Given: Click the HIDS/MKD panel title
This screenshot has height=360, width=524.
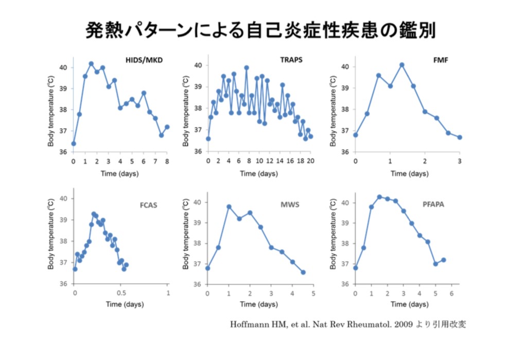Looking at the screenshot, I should [144, 60].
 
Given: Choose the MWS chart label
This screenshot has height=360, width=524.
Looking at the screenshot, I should [288, 205].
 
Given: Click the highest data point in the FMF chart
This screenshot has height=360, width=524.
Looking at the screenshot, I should [401, 65].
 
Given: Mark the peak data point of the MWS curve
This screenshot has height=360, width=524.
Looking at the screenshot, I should [229, 207].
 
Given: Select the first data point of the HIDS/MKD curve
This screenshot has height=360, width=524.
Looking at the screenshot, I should [74, 144].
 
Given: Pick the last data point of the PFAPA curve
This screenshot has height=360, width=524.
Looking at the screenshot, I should [443, 260].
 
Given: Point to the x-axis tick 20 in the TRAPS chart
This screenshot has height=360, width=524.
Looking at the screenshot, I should [310, 161].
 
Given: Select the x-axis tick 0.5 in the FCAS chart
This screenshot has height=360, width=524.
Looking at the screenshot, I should [121, 293].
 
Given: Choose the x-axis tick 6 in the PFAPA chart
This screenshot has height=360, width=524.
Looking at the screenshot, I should [451, 293].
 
